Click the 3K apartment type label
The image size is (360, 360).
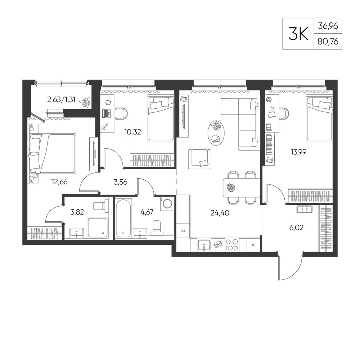[x=298, y=34]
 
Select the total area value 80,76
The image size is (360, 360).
[x=328, y=41]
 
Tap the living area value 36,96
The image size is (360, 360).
[x=328, y=26]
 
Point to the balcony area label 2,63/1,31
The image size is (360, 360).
[x=61, y=100]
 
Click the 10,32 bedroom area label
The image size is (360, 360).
[x=132, y=132]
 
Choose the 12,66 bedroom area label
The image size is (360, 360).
[x=59, y=182]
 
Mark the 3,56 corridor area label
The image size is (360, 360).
[x=121, y=182]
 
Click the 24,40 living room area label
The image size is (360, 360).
[x=220, y=213]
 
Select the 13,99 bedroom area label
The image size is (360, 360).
[x=298, y=152]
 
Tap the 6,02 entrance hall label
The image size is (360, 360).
[x=296, y=228]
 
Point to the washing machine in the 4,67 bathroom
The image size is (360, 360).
[x=167, y=203]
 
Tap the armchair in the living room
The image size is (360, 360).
[x=199, y=159]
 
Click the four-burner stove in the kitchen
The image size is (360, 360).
[x=232, y=245]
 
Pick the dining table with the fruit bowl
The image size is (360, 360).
[x=242, y=188]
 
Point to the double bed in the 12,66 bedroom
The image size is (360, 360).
[x=53, y=153]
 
